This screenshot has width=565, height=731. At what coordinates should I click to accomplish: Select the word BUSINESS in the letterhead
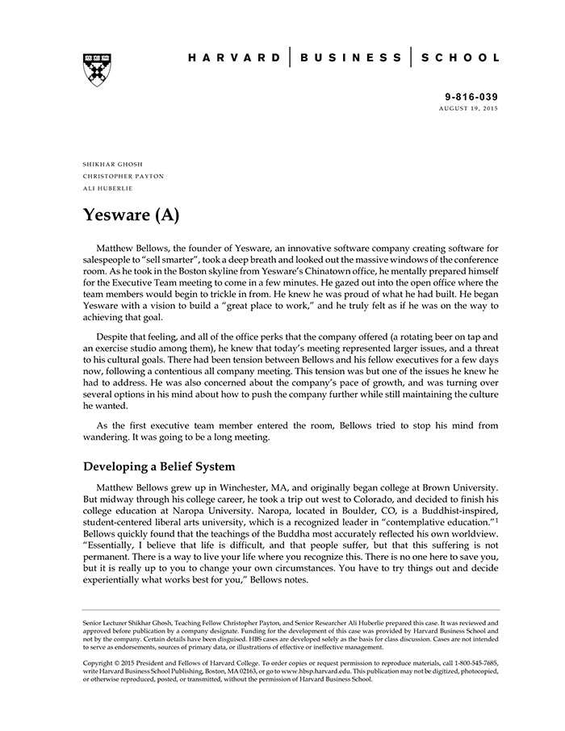[349, 58]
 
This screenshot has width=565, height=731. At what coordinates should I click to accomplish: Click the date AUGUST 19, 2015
[469, 108]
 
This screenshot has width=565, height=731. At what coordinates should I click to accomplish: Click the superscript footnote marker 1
[496, 521]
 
